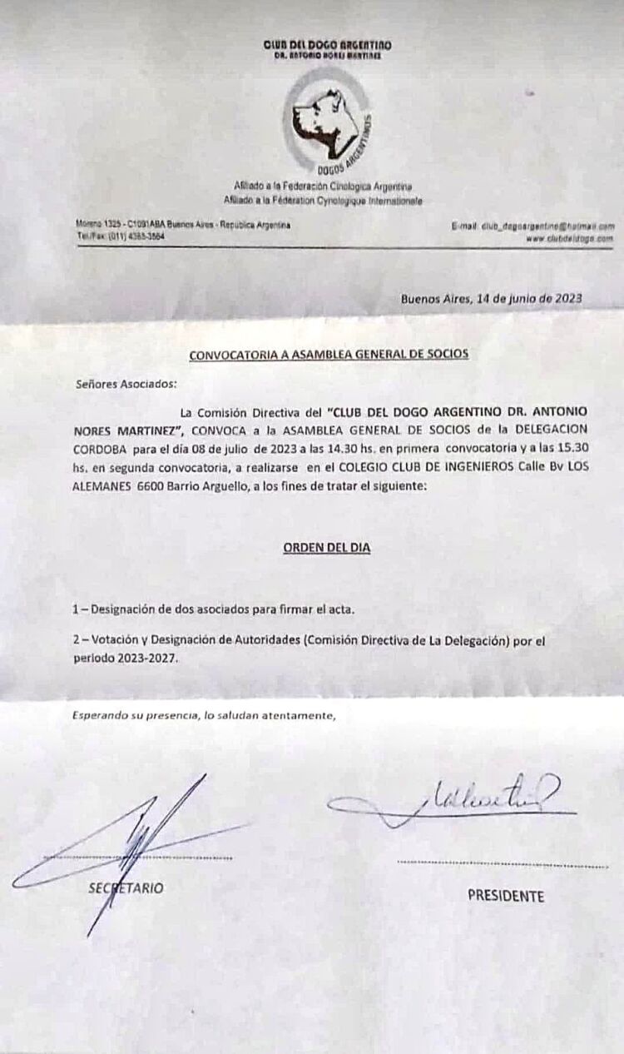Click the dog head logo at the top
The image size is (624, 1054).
pos(325,125)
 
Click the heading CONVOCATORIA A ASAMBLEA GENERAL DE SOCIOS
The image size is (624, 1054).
pos(329,354)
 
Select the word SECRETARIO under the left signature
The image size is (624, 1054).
pos(126,887)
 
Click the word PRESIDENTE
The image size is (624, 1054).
pos(506,896)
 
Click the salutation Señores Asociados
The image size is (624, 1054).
pos(126,384)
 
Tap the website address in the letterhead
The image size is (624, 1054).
pos(570,238)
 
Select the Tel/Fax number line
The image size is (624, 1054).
pos(121,237)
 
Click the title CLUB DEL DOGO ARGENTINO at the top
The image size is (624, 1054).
pos(327,45)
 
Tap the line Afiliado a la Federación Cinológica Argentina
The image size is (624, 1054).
pos(323,187)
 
